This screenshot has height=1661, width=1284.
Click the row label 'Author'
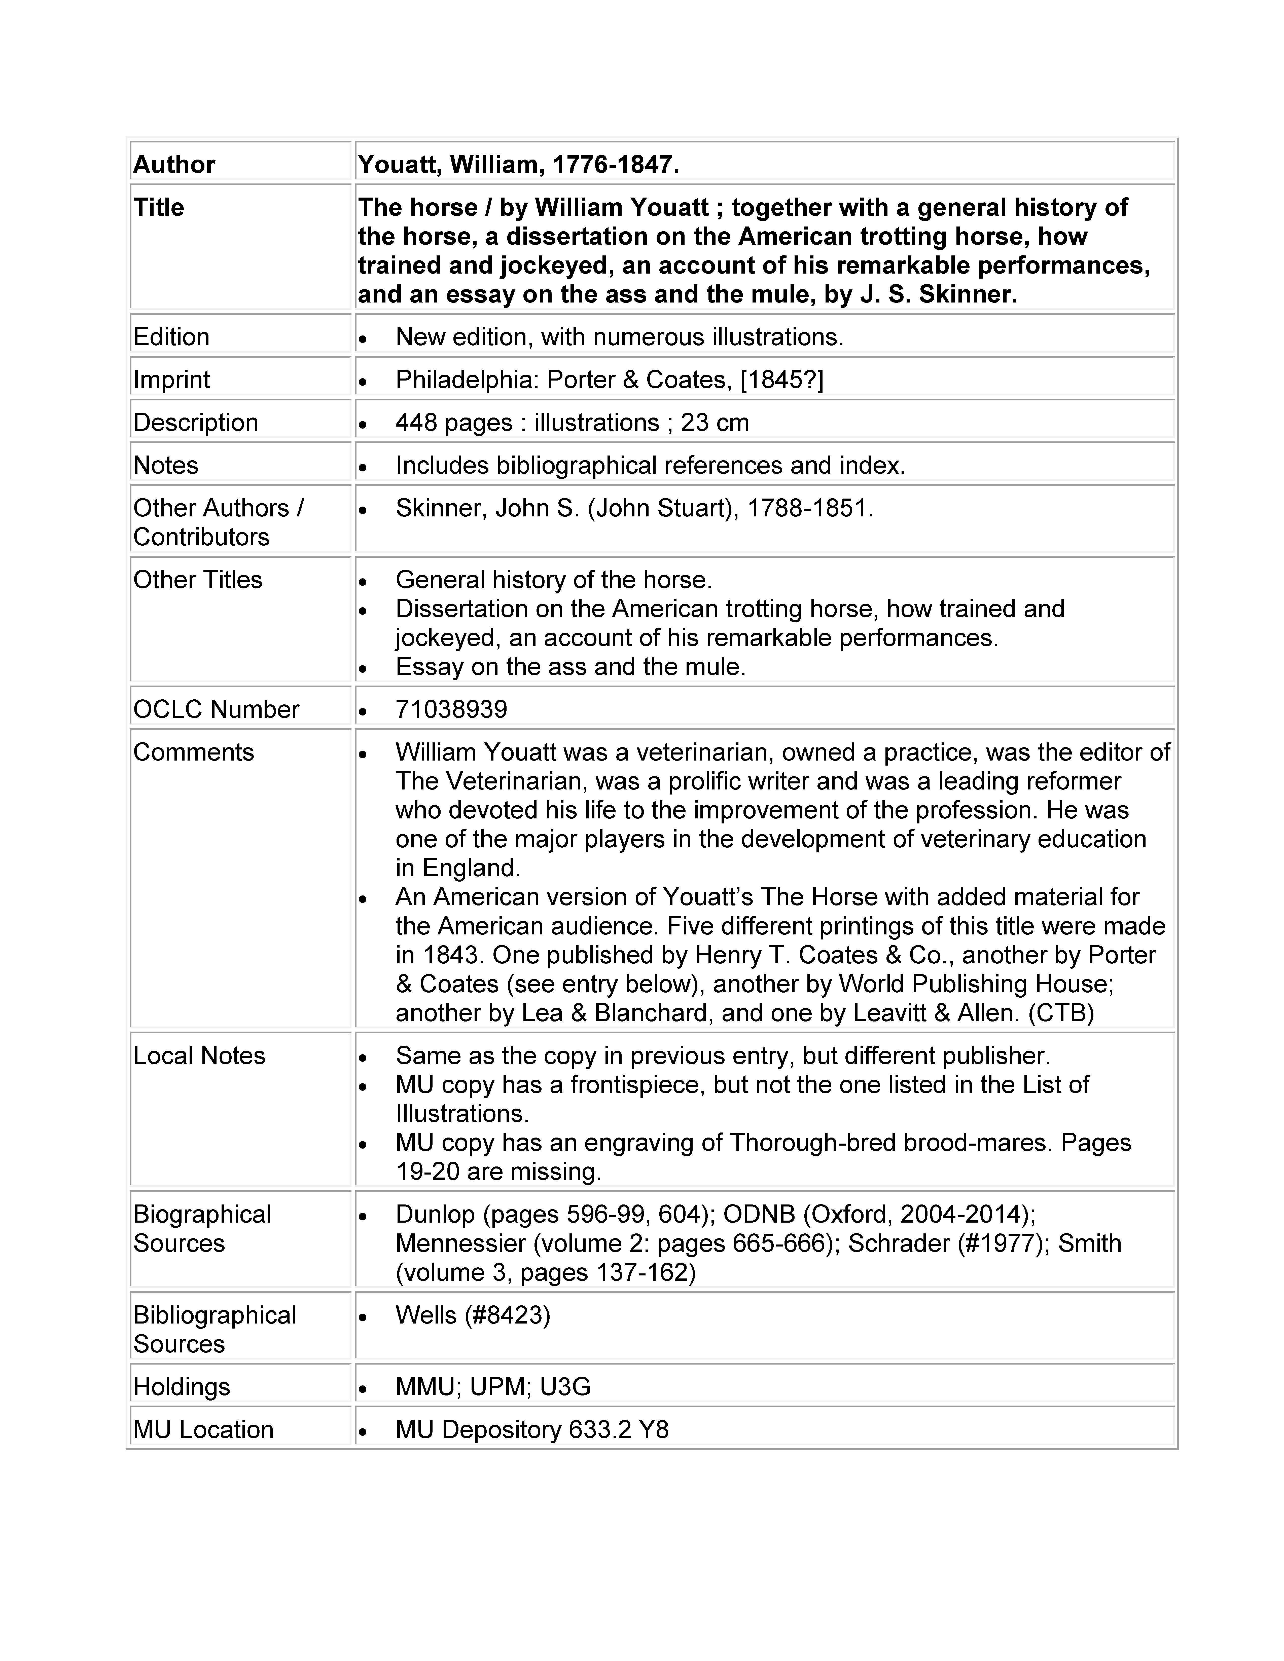(174, 164)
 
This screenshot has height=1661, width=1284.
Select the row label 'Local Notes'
(199, 1056)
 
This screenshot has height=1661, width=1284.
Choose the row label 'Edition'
(171, 337)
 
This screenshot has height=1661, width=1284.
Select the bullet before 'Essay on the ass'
(364, 668)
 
